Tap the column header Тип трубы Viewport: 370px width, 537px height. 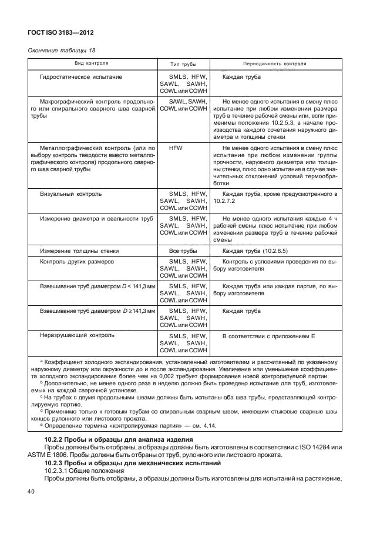tap(183, 63)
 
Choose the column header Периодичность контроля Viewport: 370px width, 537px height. tap(274, 63)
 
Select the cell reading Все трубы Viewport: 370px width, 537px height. tap(183, 251)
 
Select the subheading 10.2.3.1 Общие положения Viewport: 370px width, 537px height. tap(79, 472)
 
